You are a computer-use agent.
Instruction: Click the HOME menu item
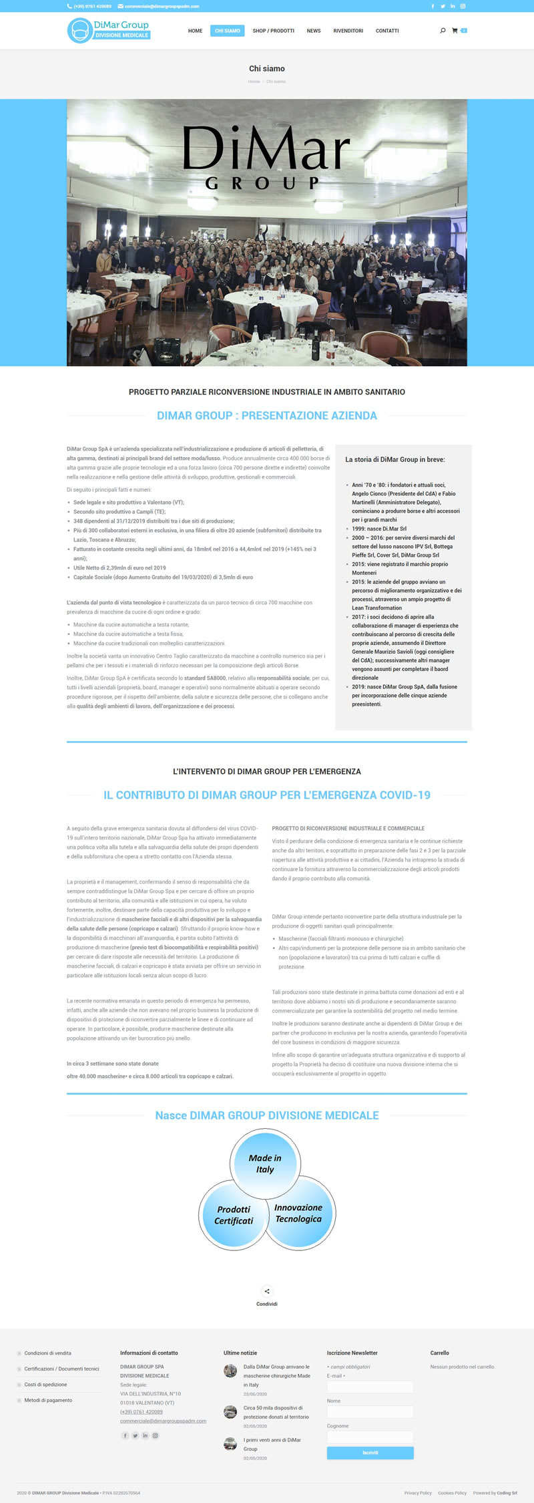195,31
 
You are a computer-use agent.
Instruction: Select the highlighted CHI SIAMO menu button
228,31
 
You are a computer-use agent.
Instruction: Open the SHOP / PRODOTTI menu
273,31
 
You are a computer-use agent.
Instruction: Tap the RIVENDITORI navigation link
348,31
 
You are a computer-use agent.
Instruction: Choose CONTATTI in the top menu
387,31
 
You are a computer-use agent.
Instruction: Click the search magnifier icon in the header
443,31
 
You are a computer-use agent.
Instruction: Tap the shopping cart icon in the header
455,31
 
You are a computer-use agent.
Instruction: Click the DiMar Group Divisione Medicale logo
109,30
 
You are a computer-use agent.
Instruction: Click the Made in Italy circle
265,1164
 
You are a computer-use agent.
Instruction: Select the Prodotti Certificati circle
233,1215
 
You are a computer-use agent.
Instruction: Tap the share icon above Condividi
267,1291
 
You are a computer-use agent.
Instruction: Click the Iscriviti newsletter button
370,1452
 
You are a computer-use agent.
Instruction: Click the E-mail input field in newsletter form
370,1387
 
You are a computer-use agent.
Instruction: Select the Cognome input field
370,1437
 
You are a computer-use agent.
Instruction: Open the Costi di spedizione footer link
45,1384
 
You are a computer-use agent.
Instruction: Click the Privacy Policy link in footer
418,1492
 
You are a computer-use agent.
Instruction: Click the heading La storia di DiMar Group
395,459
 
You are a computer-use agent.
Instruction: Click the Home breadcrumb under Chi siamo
254,82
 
